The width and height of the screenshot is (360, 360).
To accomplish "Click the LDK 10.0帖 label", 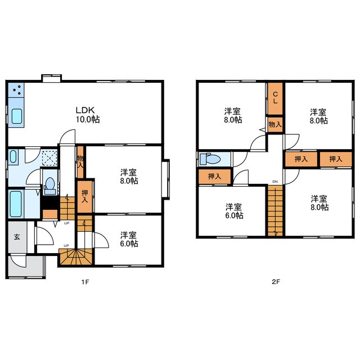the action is click(x=88, y=115).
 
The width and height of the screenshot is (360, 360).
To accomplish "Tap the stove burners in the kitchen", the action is click(x=16, y=90).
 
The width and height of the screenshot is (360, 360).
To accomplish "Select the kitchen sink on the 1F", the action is click(x=16, y=116).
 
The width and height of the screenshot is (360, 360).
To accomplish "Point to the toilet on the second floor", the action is click(x=210, y=159).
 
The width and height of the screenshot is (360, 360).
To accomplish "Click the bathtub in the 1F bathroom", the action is click(x=16, y=204).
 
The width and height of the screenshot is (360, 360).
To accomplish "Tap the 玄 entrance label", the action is click(x=17, y=237).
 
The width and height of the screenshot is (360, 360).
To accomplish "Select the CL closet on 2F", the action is click(x=275, y=98).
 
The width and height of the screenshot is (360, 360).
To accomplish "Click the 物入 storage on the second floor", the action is click(x=275, y=125).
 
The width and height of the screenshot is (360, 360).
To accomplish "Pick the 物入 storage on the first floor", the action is click(x=80, y=161).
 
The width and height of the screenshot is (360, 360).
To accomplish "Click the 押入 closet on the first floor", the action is click(x=85, y=197).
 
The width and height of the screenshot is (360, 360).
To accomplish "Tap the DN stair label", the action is click(x=275, y=182).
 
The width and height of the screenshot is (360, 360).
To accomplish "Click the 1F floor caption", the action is click(x=85, y=282).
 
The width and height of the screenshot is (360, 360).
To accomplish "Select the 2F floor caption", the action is click(x=276, y=282).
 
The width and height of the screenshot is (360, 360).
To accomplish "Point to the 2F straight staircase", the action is click(x=275, y=210).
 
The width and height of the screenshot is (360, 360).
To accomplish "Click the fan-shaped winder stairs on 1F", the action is click(x=75, y=257).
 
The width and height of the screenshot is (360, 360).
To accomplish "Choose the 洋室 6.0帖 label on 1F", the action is click(x=129, y=239).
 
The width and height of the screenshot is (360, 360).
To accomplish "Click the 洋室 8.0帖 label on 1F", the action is click(x=129, y=176).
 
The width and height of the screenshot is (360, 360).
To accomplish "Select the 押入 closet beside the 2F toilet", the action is click(x=214, y=176).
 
